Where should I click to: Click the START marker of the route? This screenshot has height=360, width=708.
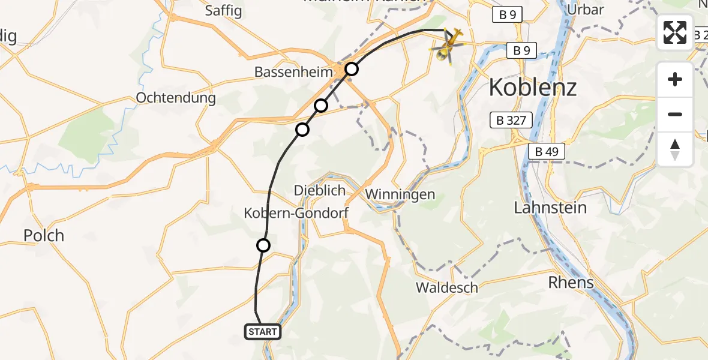263,332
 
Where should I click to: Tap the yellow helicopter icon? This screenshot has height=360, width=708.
449,46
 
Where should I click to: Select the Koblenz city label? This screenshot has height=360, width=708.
532,88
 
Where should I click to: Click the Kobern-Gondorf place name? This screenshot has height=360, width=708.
296,213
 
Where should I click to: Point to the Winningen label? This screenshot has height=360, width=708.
400,195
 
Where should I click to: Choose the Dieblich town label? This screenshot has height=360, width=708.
320,190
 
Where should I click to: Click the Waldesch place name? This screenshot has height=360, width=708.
447,287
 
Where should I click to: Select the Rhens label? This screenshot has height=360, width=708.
571,282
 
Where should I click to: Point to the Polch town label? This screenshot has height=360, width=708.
43,235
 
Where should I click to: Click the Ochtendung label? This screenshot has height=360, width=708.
176,97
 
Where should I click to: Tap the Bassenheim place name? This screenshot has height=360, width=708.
293,72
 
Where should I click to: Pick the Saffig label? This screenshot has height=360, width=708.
223,10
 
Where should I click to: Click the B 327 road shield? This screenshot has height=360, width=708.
511,121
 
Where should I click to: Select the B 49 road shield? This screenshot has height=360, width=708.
547,152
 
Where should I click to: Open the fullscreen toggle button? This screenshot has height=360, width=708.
675,33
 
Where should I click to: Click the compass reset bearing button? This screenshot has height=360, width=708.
675,149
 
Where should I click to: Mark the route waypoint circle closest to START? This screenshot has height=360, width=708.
263,245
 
